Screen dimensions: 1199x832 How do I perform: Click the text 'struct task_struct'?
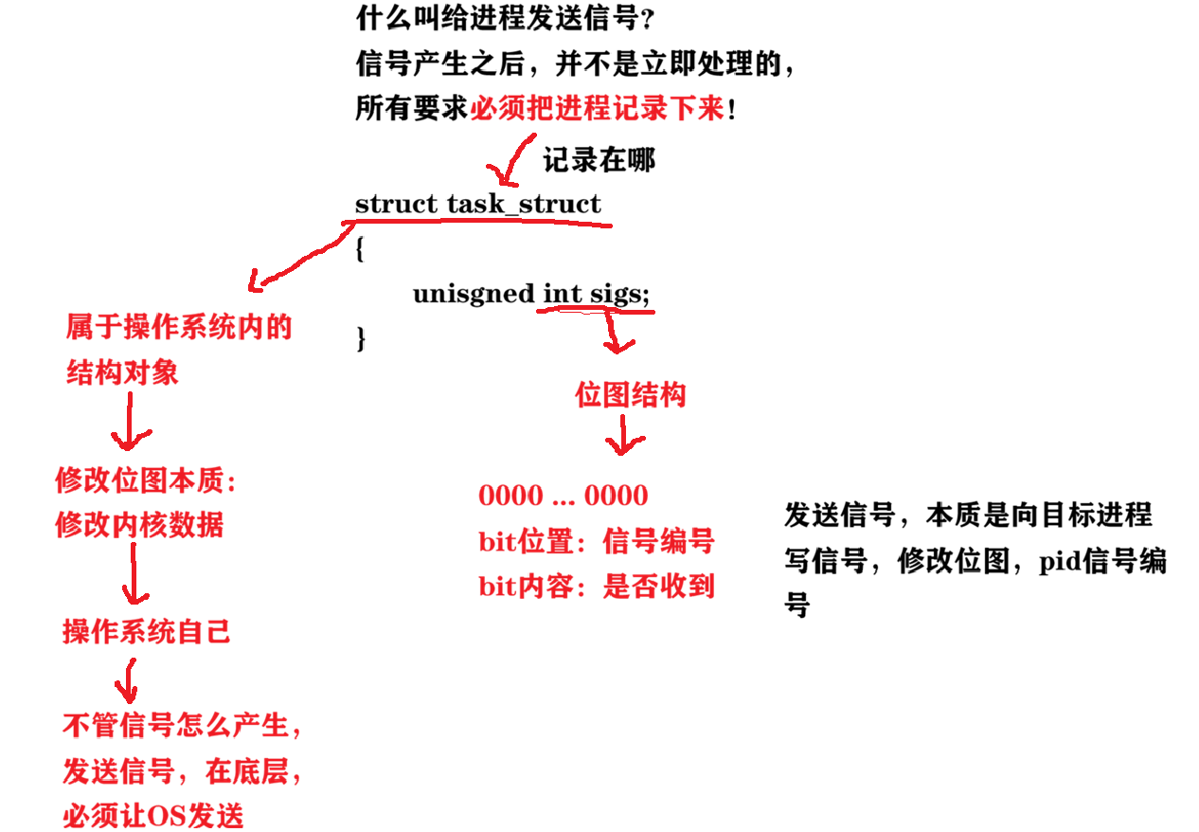477,204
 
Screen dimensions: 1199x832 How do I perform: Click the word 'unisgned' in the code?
473,294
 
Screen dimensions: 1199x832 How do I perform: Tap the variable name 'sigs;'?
620,294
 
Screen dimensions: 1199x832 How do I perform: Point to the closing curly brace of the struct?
360,337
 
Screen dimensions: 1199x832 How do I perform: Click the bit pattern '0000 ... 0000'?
563,496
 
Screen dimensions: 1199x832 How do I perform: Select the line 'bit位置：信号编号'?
596,542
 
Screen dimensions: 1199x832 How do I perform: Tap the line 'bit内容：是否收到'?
596,587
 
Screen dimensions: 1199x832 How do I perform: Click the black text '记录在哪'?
599,160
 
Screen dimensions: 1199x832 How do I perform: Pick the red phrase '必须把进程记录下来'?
598,109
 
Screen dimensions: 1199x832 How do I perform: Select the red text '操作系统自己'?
147,631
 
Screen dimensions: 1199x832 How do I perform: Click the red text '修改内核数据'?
139,525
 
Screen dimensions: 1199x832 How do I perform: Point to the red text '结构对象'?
122,372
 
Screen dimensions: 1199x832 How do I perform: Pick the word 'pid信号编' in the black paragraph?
1102,561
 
